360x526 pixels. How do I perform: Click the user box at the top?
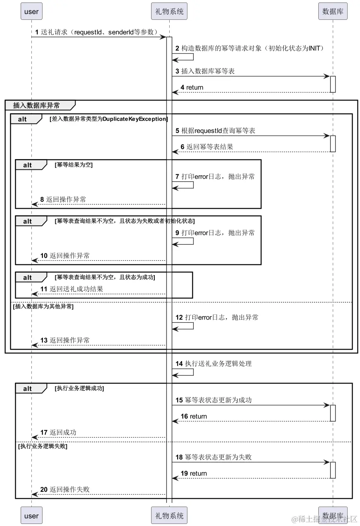pos(31,11)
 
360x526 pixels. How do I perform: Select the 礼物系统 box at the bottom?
pos(169,515)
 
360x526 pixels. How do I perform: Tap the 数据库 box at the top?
pos(333,11)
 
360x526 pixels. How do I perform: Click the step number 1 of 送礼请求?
pos(37,32)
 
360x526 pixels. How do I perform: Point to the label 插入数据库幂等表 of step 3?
pos(208,71)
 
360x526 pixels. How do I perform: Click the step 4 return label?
pos(195,87)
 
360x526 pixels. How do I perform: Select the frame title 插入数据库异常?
pos(36,105)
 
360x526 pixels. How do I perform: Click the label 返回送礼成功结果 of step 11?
pos(76,289)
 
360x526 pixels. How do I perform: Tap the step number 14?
pos(179,364)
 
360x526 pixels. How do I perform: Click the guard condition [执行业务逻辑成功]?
pos(79,388)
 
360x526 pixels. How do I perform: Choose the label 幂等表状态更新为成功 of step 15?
pos(218,400)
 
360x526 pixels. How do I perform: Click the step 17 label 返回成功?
pos(63,432)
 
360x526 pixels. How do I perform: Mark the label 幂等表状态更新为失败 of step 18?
pos(218,457)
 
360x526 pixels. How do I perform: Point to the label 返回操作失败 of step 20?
pos(70,489)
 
